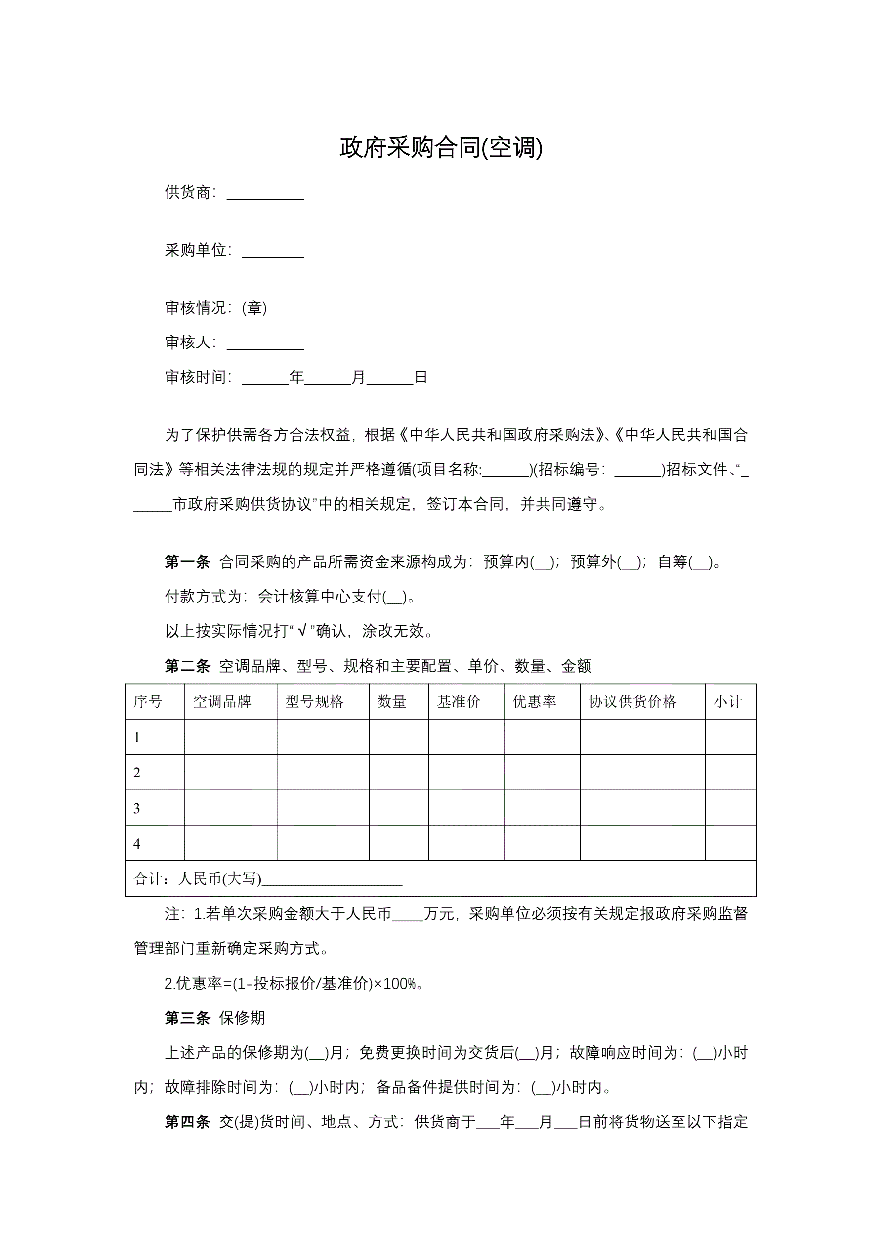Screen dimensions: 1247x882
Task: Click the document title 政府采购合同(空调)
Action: tap(440, 148)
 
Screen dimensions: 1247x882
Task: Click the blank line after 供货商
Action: tap(265, 194)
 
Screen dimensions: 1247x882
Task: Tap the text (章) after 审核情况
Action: tap(254, 308)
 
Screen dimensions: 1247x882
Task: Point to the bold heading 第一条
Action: tap(187, 562)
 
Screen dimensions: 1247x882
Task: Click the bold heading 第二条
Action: tap(187, 666)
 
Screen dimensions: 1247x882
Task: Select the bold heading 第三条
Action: tap(187, 1018)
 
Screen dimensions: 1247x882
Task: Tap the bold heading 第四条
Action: tap(187, 1121)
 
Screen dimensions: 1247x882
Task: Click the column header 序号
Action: tap(148, 702)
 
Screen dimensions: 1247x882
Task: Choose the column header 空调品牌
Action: tap(222, 702)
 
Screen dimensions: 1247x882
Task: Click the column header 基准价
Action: tap(459, 702)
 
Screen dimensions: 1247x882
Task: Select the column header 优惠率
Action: tap(535, 702)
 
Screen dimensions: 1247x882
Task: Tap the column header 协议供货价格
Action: tap(632, 702)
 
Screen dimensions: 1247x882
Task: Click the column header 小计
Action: tap(728, 702)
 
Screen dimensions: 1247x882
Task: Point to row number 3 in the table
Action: tap(137, 808)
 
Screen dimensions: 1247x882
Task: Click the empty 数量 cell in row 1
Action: tap(399, 737)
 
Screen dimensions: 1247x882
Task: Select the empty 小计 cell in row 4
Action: tap(730, 844)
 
